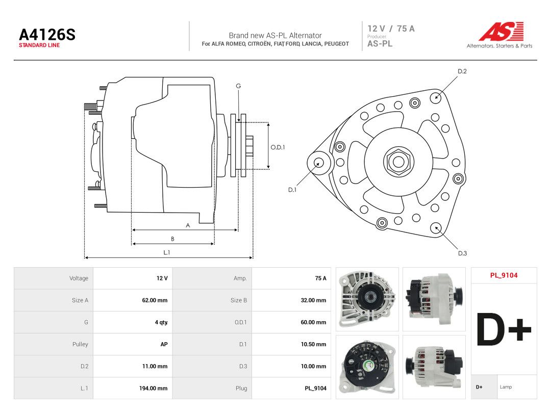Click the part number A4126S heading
coord(47,35)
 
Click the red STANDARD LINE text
coord(39,45)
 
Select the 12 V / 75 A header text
coord(391,29)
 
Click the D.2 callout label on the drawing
coord(462,71)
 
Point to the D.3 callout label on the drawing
coord(462,253)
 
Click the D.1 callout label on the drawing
coord(292,190)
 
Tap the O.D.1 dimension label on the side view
coord(278,147)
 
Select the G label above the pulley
coord(238,86)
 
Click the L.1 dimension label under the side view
coord(166,252)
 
